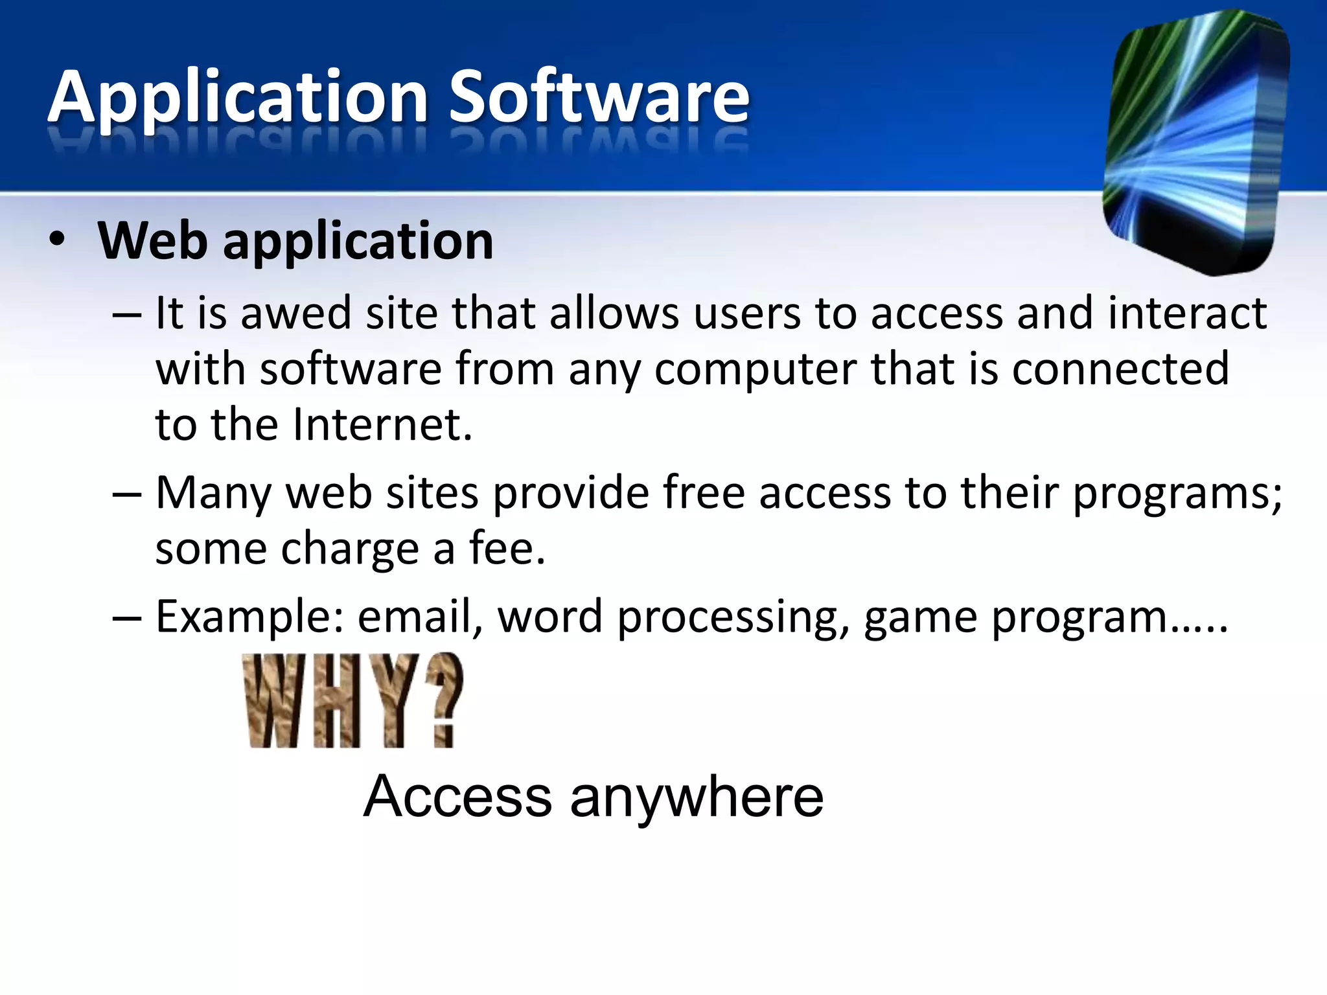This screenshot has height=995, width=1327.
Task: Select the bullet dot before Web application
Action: (57, 239)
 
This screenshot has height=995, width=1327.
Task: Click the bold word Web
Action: (153, 241)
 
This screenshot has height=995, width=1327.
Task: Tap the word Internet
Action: (382, 425)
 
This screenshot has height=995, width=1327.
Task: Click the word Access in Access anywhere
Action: (457, 797)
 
